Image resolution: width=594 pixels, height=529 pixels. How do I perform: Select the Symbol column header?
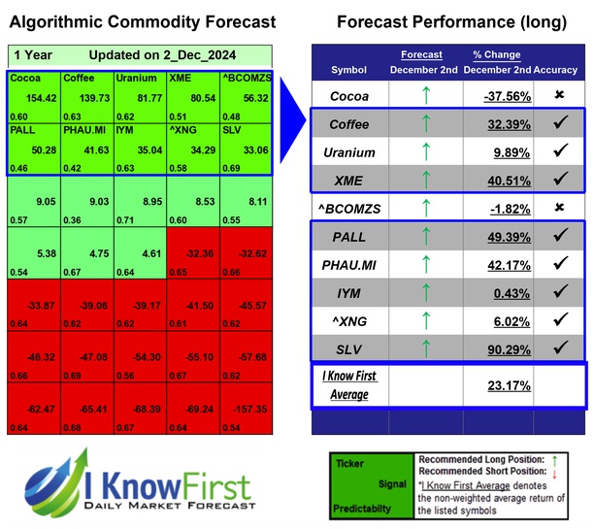348,70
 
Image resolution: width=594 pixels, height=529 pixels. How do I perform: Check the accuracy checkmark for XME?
560,180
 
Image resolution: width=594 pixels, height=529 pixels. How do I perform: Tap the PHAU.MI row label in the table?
349,264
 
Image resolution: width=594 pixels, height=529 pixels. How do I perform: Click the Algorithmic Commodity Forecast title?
143,21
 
